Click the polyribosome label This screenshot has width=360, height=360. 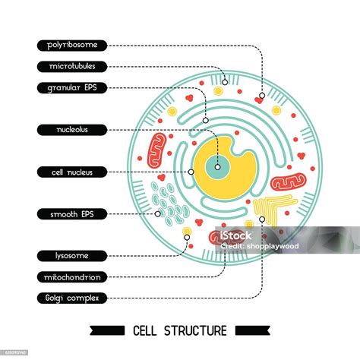[x=72, y=46]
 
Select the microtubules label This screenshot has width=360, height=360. [x=72, y=67]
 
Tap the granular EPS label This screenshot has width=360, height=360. [x=72, y=87]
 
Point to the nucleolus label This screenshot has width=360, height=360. [x=72, y=130]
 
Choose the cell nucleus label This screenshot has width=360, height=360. [x=72, y=172]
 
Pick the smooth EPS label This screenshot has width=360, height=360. [x=72, y=214]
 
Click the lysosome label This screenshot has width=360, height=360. [x=72, y=256]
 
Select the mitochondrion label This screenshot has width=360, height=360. [x=72, y=276]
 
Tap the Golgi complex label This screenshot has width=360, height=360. [x=72, y=297]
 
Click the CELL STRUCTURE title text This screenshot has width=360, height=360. [x=179, y=330]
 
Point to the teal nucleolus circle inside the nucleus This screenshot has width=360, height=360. [x=217, y=166]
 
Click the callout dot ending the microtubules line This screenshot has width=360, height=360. [x=225, y=81]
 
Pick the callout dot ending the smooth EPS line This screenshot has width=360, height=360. [x=158, y=213]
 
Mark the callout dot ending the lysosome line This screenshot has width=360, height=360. [x=186, y=243]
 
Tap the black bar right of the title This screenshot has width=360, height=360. [x=251, y=330]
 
